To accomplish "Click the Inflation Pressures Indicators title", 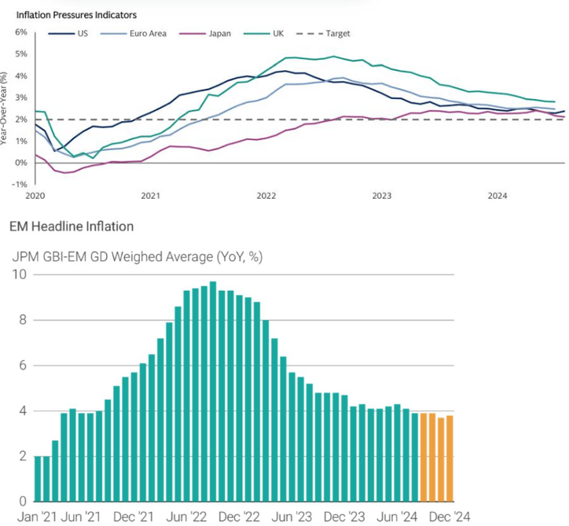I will pos(76,15).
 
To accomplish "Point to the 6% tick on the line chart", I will pos(20,32).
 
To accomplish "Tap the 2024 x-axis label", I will pos(496,195).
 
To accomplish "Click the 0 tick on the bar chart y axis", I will pos(22,501).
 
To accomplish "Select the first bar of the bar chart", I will pos(38,478).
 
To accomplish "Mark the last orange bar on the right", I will pos(450,458).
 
